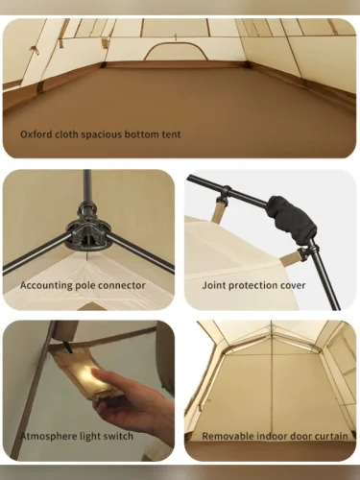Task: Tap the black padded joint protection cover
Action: click(x=293, y=220)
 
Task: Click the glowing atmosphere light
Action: click(x=96, y=378)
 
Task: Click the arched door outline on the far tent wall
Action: click(x=175, y=51)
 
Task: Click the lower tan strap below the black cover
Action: click(x=291, y=258)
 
